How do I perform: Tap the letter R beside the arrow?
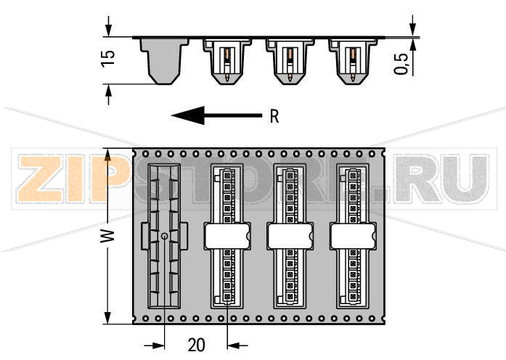(x=274, y=116)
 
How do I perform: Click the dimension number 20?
(x=196, y=345)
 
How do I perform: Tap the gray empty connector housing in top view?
(x=164, y=237)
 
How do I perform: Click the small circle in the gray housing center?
(x=164, y=237)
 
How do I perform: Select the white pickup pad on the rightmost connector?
(x=352, y=235)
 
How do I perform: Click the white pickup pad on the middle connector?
(x=290, y=235)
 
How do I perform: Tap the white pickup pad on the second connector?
(x=227, y=235)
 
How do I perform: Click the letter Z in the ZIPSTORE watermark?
(x=36, y=179)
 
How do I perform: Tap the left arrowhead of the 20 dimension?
(x=159, y=345)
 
